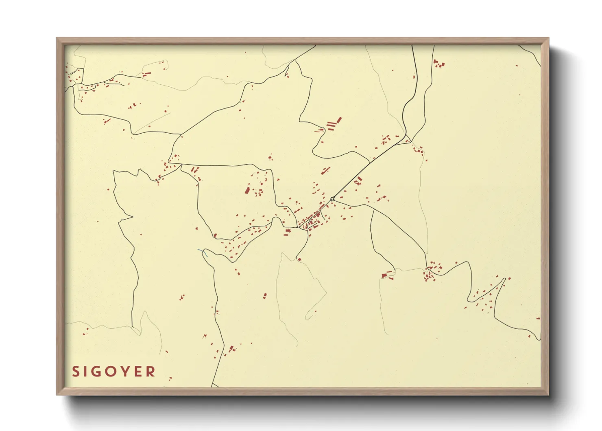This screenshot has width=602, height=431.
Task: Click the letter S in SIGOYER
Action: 76,372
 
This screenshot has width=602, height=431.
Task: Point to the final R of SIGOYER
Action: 151,372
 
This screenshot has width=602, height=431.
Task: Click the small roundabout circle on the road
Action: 332,199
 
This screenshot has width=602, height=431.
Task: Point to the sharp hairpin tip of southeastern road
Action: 505,279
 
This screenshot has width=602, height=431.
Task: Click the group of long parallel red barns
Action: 334,123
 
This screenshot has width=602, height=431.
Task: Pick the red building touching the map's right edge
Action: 538,319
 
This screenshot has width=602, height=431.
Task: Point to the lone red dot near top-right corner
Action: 517,66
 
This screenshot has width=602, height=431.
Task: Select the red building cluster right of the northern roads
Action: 438,64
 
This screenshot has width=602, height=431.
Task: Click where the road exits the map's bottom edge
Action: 212,385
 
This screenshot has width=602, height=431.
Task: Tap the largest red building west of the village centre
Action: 247,190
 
